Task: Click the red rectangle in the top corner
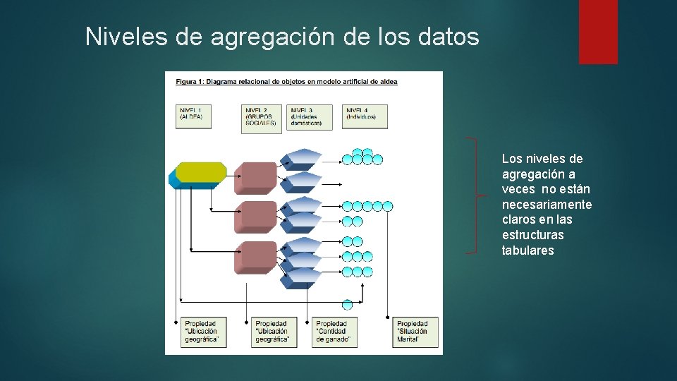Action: (x=598, y=32)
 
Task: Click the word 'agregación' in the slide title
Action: (x=272, y=36)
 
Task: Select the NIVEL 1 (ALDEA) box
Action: (x=194, y=116)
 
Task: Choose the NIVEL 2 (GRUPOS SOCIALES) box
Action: (x=261, y=116)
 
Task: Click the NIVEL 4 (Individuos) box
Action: (x=365, y=116)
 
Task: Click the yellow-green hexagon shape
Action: (x=200, y=172)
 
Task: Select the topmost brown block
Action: (x=255, y=176)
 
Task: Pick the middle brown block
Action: (x=255, y=215)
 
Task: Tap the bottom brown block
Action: (x=255, y=256)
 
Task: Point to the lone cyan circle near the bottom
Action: (x=347, y=305)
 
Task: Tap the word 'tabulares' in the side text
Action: (x=527, y=250)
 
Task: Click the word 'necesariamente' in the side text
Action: (x=547, y=205)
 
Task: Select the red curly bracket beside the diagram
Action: (x=480, y=195)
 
